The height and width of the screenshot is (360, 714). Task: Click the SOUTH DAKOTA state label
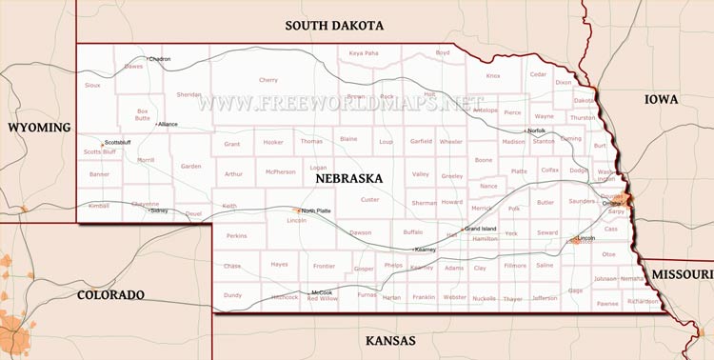tap(334, 26)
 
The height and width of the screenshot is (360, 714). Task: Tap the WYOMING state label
tap(39, 127)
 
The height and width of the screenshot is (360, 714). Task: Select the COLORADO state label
tap(110, 294)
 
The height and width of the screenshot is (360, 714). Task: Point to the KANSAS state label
tap(391, 340)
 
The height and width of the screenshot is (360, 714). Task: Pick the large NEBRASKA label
tap(344, 178)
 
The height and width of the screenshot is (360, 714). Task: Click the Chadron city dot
tap(147, 59)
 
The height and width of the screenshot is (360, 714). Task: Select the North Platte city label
tap(316, 210)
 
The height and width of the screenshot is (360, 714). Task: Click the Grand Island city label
tap(482, 229)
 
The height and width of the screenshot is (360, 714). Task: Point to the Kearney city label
tap(425, 250)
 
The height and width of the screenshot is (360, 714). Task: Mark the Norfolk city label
tap(537, 130)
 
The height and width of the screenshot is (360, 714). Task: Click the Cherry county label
tap(268, 80)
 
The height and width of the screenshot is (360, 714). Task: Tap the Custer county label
tap(369, 199)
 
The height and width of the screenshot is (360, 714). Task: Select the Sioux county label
tap(92, 85)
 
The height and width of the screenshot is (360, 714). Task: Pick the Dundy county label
tap(232, 295)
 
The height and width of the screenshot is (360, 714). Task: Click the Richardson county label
tap(643, 301)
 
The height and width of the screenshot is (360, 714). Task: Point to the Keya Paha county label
tap(364, 53)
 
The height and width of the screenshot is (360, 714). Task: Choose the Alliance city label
tap(169, 124)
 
